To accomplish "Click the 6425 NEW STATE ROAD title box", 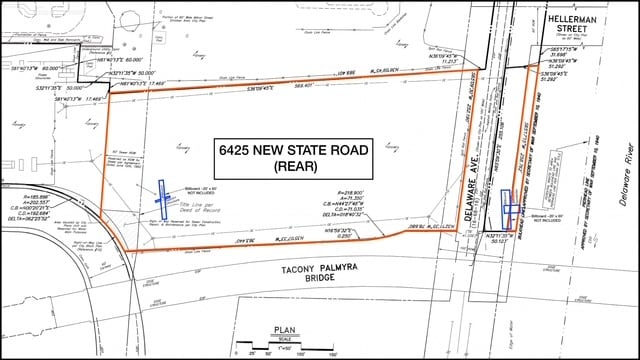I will point(294,159).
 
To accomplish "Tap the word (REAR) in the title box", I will point(294,169).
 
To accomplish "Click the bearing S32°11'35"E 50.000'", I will point(134,73).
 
